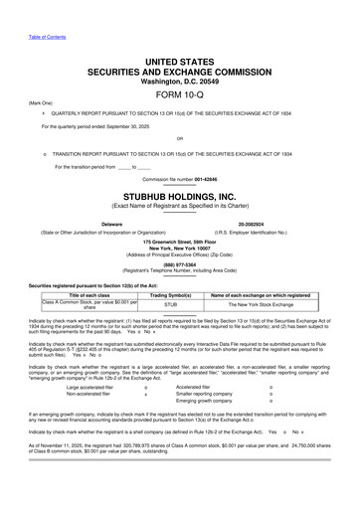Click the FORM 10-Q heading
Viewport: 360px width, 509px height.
pyautogui.click(x=179, y=93)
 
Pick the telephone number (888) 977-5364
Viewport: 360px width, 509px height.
pyautogui.click(x=179, y=264)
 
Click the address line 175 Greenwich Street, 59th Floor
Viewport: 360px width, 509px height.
pyautogui.click(x=179, y=240)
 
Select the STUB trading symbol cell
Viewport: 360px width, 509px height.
pyautogui.click(x=170, y=306)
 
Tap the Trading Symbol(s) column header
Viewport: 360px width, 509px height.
pyautogui.click(x=170, y=295)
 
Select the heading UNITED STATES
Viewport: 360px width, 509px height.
pyautogui.click(x=179, y=62)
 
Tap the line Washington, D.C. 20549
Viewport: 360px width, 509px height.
pyautogui.click(x=179, y=81)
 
